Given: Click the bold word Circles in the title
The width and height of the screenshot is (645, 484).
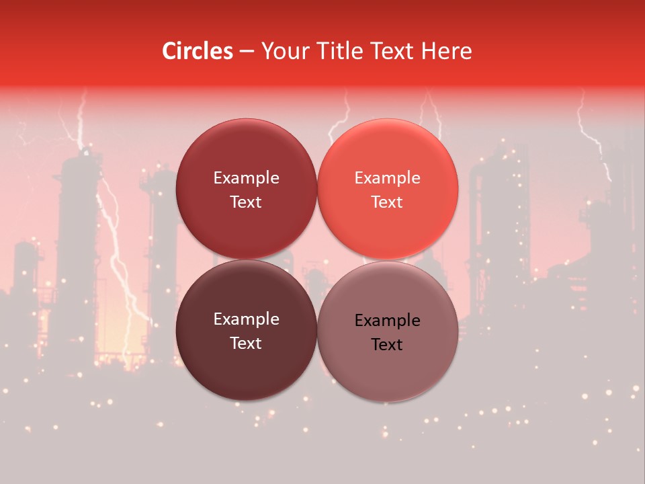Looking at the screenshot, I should (x=198, y=51).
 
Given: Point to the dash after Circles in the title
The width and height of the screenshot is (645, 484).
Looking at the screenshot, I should (x=247, y=52).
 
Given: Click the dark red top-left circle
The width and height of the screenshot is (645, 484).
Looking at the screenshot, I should (x=246, y=155).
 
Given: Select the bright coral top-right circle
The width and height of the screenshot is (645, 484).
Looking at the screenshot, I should (x=387, y=155).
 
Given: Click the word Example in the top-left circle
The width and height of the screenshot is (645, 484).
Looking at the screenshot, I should (x=246, y=178).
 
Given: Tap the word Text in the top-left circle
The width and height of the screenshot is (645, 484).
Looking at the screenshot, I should (x=246, y=202).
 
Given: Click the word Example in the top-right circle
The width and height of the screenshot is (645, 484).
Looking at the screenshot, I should (x=387, y=178).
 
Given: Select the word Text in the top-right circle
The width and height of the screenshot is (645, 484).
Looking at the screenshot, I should (x=387, y=202).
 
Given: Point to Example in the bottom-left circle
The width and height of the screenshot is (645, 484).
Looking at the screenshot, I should (x=246, y=319).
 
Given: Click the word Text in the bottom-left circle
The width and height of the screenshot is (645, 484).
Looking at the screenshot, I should (x=246, y=344).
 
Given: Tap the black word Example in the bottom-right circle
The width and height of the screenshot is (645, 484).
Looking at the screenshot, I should (x=387, y=321).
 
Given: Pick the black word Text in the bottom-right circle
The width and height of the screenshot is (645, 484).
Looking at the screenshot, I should (x=387, y=345).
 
